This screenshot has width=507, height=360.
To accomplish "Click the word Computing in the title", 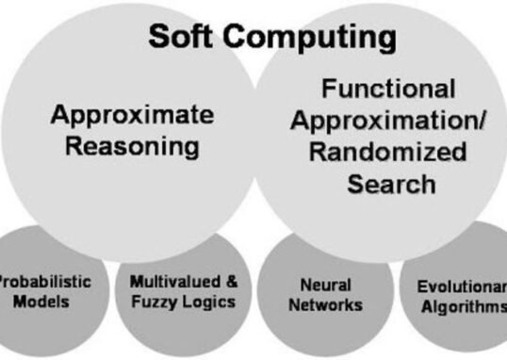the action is (x=313, y=38).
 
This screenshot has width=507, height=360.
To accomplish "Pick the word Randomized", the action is (x=392, y=152).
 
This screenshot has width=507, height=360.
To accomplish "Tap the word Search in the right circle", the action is (x=392, y=182).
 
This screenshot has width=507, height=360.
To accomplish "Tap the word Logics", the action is (x=211, y=302).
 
